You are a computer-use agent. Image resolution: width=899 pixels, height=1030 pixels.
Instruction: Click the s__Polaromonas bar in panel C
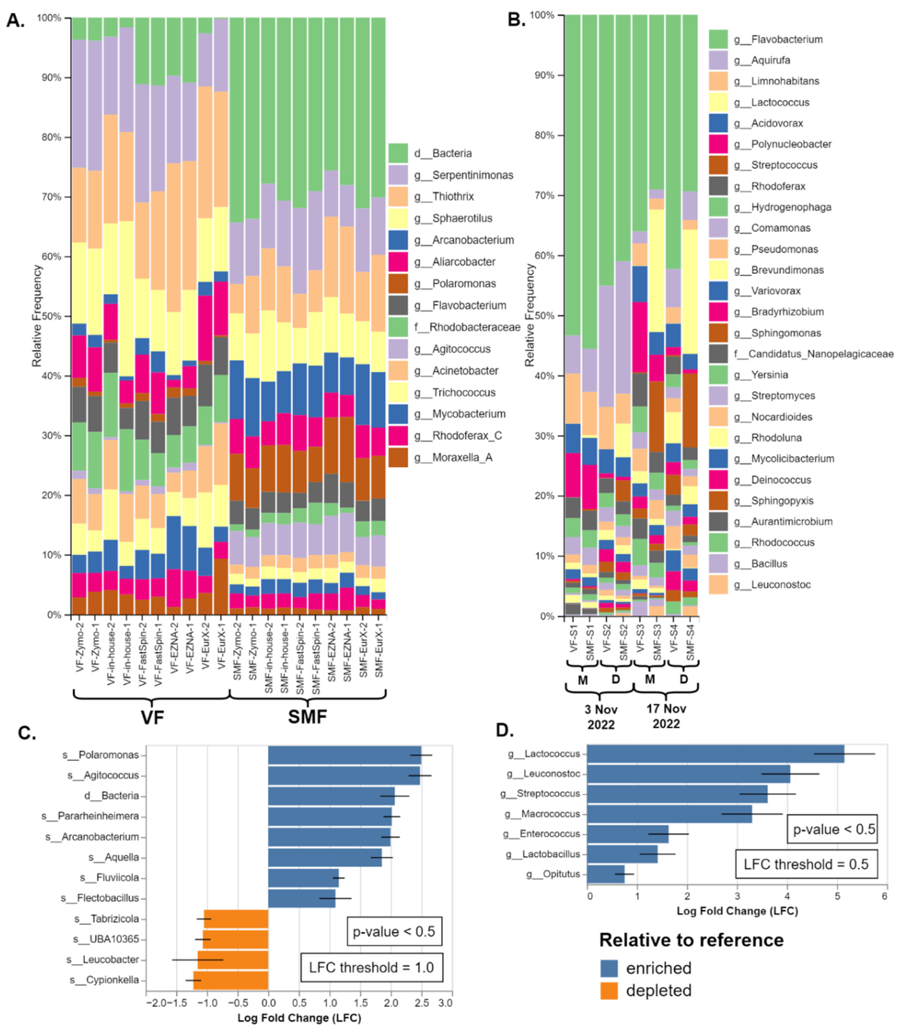[344, 754]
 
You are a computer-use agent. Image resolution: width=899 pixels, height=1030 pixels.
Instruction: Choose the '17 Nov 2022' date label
[666, 716]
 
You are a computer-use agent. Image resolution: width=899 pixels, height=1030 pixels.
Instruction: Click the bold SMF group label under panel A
[307, 716]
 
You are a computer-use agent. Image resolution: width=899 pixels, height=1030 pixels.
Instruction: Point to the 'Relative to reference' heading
[691, 940]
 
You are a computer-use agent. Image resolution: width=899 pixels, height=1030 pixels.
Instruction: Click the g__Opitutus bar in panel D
[606, 874]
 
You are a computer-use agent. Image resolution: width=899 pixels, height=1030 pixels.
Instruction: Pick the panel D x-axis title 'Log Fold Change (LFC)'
[737, 911]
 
